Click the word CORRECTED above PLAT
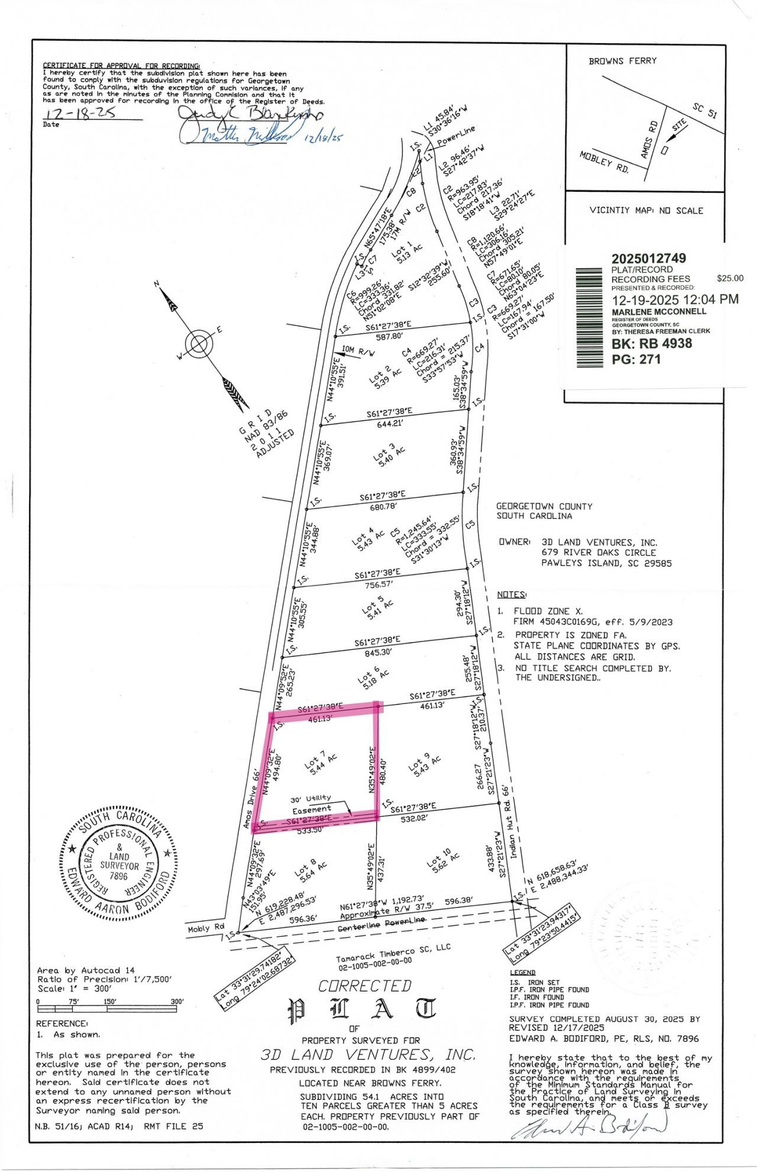[364, 986]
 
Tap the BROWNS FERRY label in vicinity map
[622, 61]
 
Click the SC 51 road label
[705, 111]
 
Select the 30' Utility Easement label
[311, 803]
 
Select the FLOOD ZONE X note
[541, 611]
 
